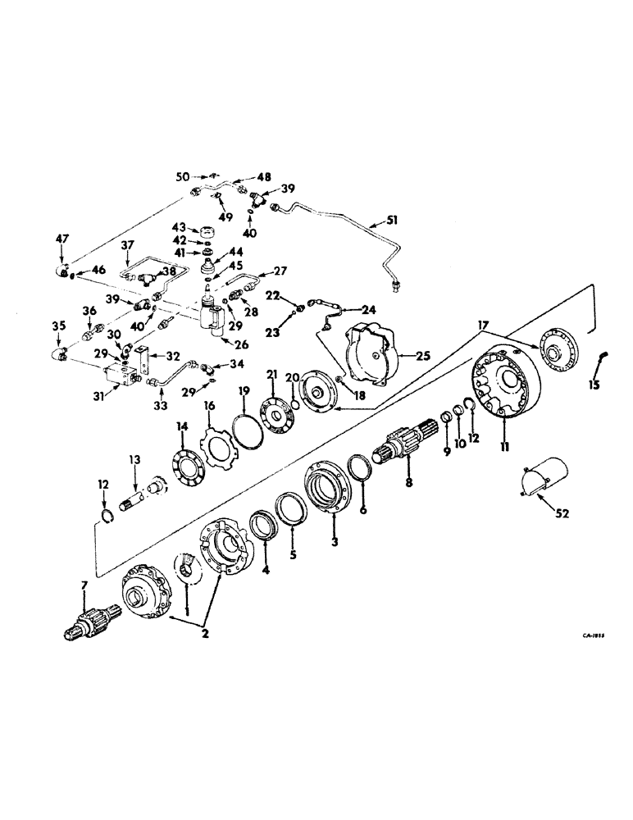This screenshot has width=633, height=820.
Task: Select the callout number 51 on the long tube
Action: click(x=377, y=220)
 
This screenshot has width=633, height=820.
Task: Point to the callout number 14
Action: click(x=182, y=426)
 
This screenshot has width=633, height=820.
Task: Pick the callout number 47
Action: click(x=62, y=238)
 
